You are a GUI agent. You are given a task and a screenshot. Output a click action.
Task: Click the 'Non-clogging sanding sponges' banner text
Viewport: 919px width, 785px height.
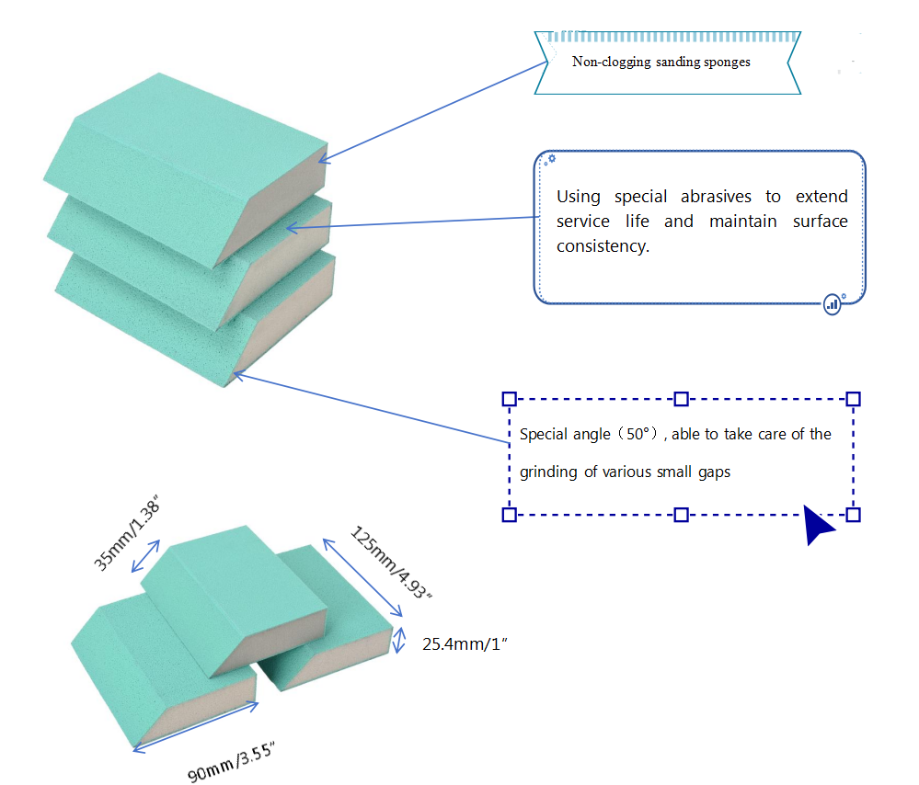point(661,63)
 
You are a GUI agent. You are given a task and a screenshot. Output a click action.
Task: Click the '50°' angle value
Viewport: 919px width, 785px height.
point(638,434)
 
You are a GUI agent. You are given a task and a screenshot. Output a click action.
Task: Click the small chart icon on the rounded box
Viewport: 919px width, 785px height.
point(833,302)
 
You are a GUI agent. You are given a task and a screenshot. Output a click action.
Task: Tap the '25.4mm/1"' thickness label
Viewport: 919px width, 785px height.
point(465,644)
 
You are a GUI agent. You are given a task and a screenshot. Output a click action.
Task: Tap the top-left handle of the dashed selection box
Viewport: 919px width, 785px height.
point(509,399)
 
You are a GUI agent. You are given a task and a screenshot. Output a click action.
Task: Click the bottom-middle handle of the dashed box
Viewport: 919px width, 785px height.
point(681,515)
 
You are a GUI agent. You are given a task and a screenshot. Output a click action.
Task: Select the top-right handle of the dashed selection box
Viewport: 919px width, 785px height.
point(853,399)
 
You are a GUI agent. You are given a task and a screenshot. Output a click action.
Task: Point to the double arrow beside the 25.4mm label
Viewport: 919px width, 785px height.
point(399,640)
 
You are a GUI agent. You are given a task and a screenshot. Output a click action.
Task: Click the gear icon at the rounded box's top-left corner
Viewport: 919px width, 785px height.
point(550,159)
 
